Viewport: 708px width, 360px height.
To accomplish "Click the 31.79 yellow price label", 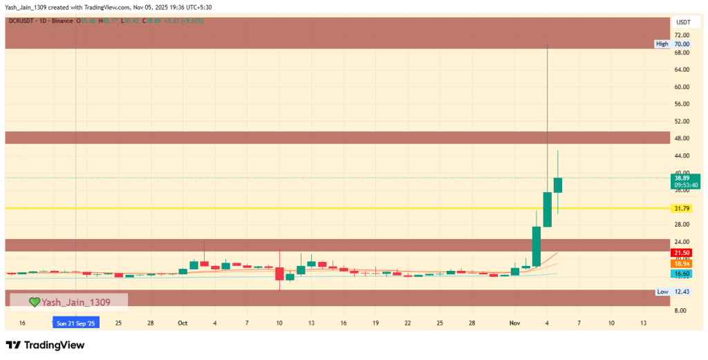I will pos(682,208).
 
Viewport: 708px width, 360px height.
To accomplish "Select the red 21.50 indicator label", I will pos(682,254).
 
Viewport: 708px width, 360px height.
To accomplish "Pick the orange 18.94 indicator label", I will pos(682,264).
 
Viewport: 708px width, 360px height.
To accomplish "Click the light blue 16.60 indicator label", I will pos(682,274).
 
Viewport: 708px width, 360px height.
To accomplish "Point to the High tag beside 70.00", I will pos(662,44).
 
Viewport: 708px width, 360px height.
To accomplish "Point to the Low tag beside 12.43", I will pos(662,292).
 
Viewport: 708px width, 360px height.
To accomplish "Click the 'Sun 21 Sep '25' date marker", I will pos(76,323).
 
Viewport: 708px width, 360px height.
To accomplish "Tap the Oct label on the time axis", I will pos(183,323).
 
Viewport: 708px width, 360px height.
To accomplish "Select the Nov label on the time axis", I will pos(514,323).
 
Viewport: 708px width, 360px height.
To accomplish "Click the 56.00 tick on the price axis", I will pos(682,104).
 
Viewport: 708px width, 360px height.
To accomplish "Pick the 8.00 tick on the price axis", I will pos(682,311).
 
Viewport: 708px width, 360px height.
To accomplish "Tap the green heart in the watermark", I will pos(34,302).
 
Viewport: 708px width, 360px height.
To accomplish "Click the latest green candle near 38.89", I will pos(557,184).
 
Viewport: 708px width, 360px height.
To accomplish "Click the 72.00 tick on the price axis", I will pos(682,35).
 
